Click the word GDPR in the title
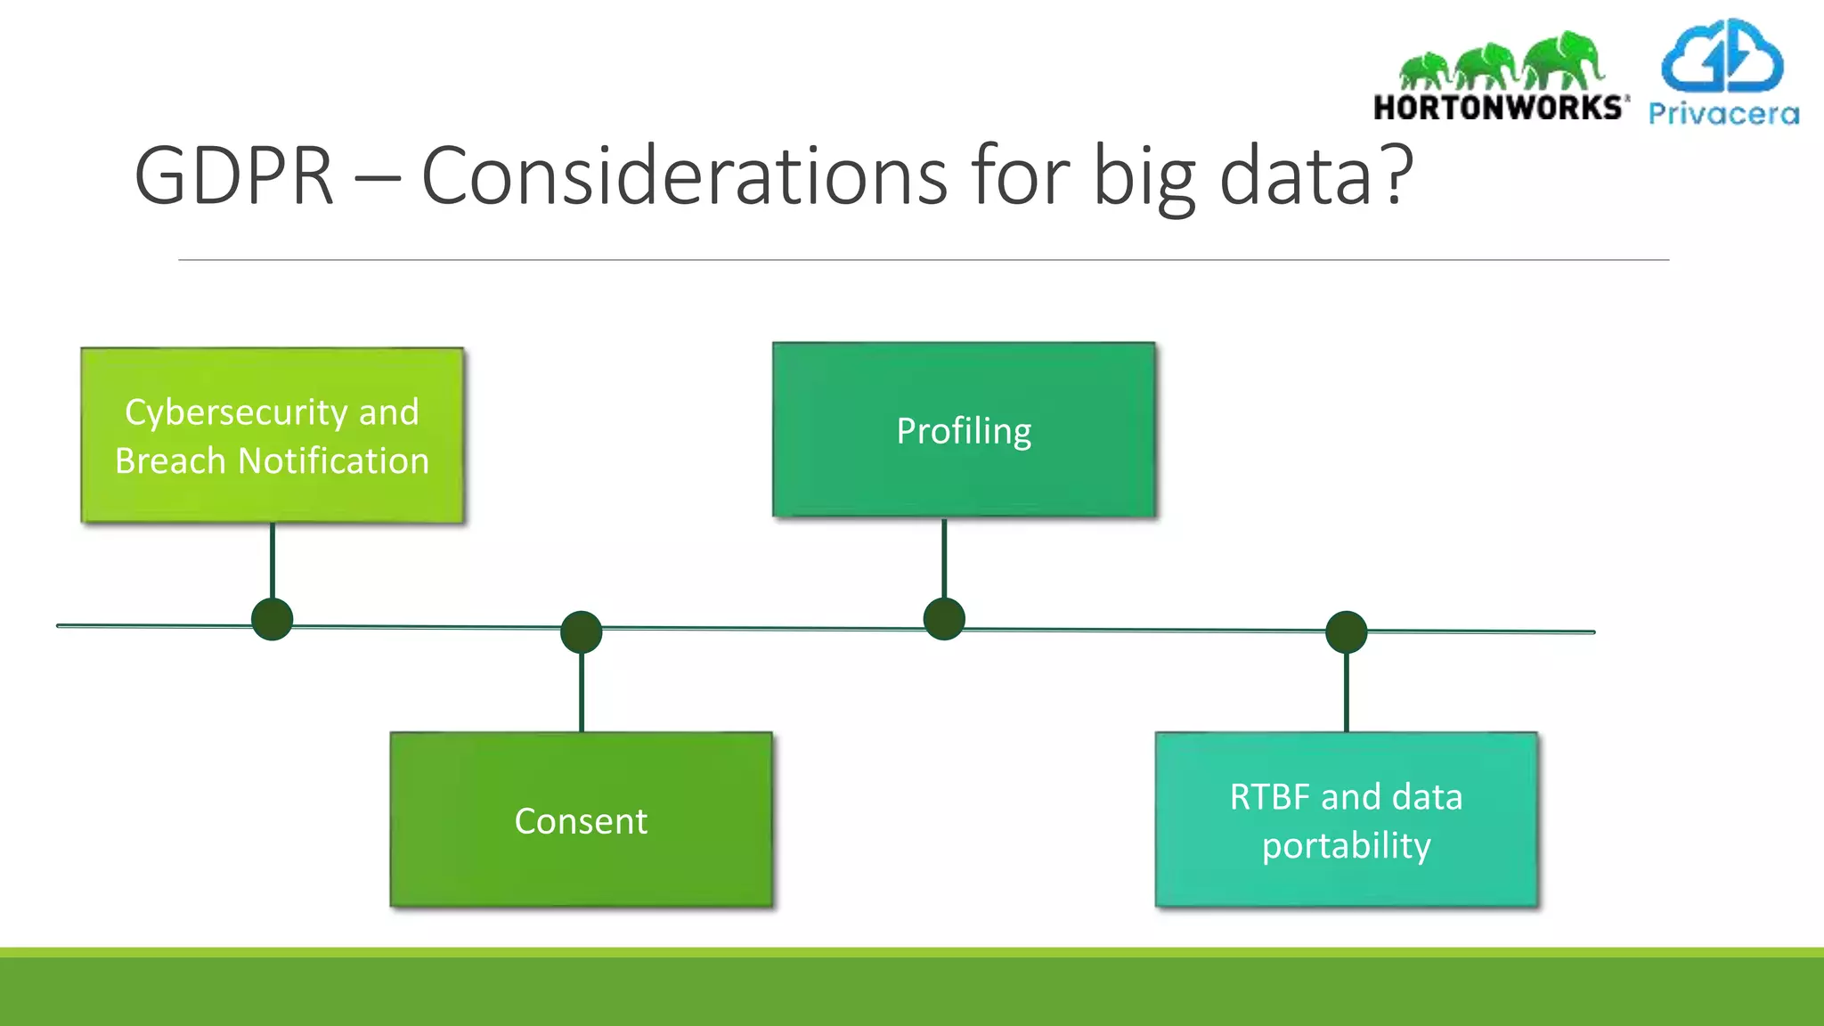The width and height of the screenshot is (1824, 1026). [233, 176]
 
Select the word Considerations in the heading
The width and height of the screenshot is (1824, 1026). [683, 176]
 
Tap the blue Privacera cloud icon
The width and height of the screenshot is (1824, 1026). [1722, 57]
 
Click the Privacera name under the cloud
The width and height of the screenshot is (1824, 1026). [1723, 114]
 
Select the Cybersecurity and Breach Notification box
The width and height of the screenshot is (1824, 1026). [273, 436]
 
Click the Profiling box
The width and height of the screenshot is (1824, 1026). [964, 430]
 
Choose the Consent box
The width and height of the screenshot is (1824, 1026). [581, 820]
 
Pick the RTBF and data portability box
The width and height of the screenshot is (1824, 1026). [1346, 820]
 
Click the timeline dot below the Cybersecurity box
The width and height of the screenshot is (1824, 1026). [273, 619]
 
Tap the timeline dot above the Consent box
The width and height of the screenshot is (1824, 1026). [582, 632]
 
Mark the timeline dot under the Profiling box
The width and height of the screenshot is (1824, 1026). [944, 619]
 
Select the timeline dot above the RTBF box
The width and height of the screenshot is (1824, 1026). [1346, 632]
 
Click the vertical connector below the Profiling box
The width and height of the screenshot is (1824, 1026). [944, 558]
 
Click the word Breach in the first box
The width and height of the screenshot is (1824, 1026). [170, 461]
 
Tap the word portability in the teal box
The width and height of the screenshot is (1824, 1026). [1346, 846]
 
